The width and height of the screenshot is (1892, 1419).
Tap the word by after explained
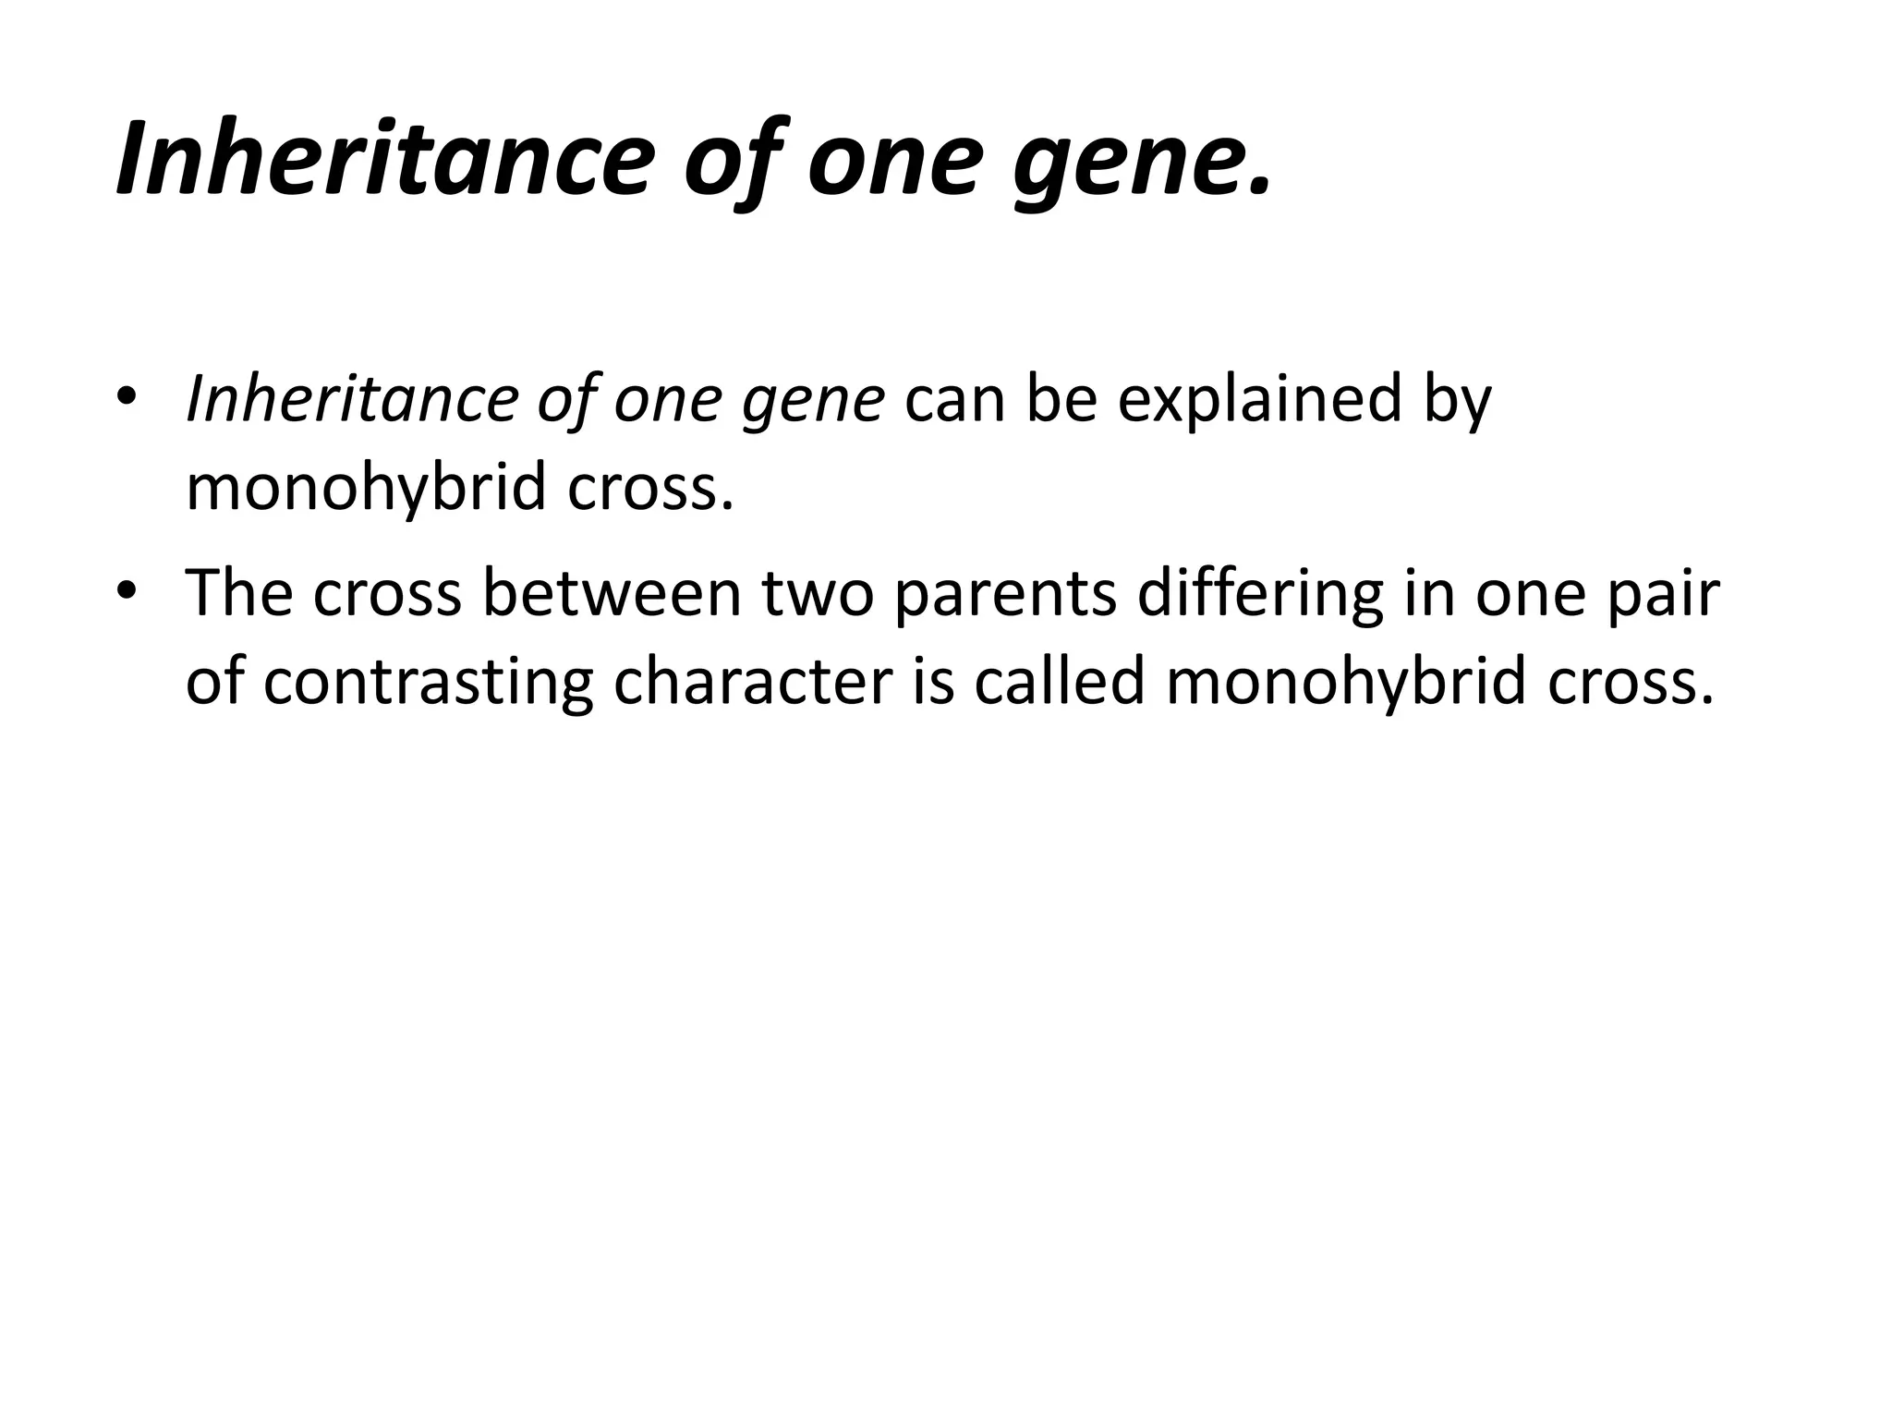tap(1455, 401)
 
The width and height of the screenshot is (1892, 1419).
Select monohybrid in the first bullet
tap(366, 488)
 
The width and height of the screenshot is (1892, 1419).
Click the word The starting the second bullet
tap(239, 592)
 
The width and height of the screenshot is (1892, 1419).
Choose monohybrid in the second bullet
tap(1345, 683)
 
